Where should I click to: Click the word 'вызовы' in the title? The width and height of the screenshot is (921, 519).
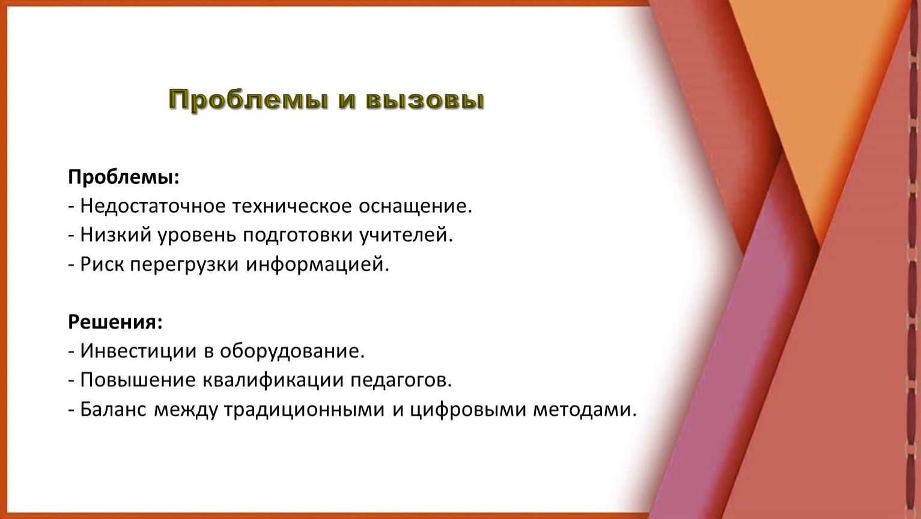point(425,100)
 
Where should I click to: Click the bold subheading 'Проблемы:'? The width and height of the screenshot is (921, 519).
point(124,178)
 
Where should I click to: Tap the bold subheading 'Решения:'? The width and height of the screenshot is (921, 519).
point(115,322)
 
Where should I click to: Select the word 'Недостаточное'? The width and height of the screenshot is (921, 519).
point(153,207)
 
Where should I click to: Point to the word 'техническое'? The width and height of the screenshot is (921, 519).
point(292,207)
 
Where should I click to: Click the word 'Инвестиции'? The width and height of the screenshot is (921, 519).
point(138,351)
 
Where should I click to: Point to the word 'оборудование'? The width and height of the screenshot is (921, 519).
point(292,351)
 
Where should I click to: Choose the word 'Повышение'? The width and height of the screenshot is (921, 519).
point(138,380)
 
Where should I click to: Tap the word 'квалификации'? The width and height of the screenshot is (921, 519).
point(273,380)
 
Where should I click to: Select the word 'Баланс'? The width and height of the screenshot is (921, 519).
point(113,409)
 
